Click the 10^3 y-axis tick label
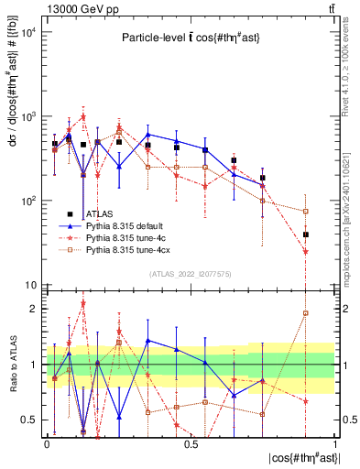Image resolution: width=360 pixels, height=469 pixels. click(x=29, y=117)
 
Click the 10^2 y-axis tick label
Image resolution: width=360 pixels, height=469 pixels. click(x=29, y=202)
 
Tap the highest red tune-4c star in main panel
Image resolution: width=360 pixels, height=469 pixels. click(x=83, y=117)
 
